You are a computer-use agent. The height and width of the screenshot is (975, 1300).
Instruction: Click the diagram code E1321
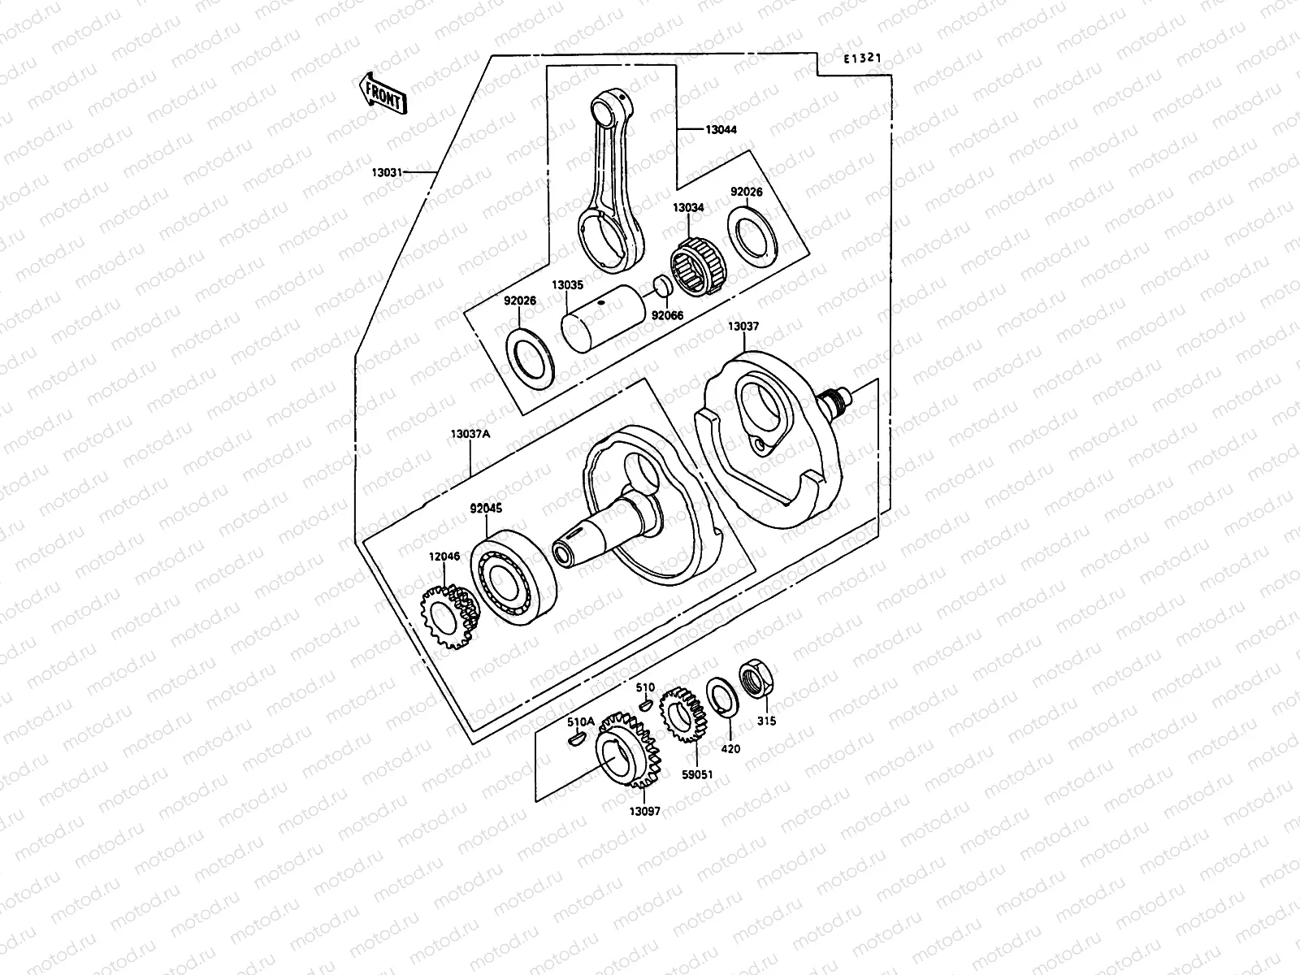pos(861,59)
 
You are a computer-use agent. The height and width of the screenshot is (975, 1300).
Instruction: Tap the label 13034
pos(687,208)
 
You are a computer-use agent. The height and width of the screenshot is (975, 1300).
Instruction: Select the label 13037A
pos(470,434)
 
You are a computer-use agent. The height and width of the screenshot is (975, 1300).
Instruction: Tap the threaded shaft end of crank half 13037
pos(838,399)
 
